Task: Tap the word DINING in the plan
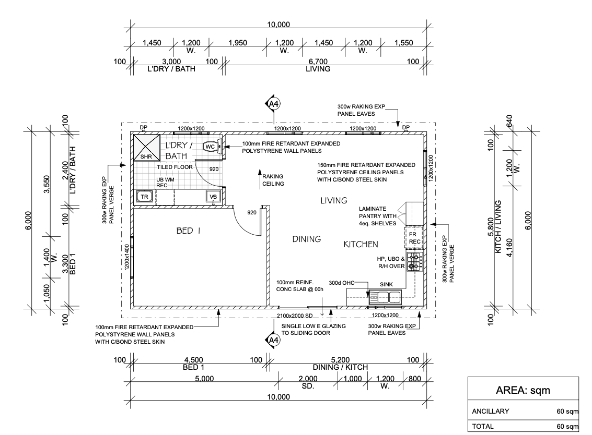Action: [306, 239]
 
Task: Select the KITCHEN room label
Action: [361, 244]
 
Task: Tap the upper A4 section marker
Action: [273, 104]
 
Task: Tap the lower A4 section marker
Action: [273, 341]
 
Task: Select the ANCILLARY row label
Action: [490, 412]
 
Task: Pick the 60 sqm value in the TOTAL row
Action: [567, 426]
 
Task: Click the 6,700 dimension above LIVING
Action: [317, 62]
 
